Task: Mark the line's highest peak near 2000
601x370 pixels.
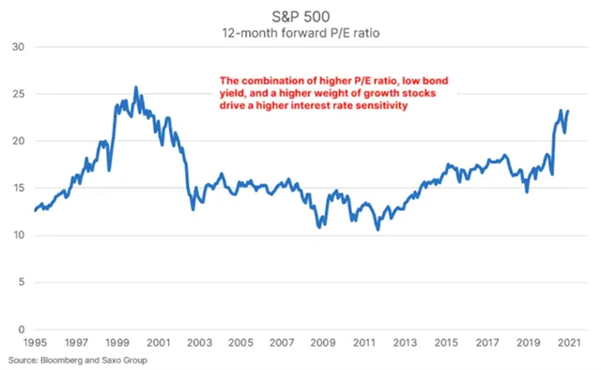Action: pos(136,87)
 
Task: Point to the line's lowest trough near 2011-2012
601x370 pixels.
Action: pos(378,229)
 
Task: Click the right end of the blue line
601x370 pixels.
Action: pos(568,111)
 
